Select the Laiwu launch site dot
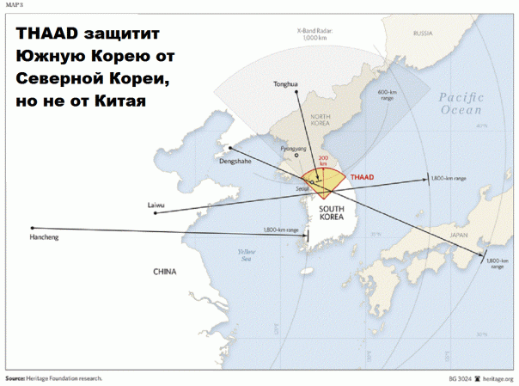155,213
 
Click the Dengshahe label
235,161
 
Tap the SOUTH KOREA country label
332,213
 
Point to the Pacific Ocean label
462,104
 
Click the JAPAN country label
459,234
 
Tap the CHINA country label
164,272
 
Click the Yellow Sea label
250,254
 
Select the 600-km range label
387,94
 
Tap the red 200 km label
323,162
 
